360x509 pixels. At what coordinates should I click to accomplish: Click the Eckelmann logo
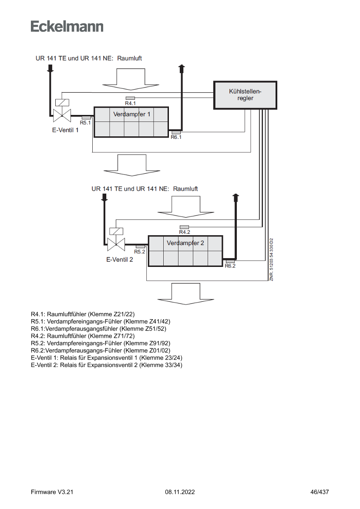[x=67, y=27]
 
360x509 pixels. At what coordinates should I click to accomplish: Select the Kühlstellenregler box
[x=245, y=95]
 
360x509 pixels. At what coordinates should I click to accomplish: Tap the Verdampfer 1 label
[x=131, y=115]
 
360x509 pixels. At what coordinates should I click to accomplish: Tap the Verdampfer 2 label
[x=185, y=243]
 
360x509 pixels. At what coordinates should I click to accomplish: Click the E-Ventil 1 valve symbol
[x=61, y=115]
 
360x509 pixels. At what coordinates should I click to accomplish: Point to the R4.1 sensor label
[x=131, y=104]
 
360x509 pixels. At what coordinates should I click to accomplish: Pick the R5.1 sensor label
[x=85, y=123]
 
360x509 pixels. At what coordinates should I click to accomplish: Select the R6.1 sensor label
[x=176, y=138]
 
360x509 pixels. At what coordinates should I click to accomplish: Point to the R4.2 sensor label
[x=185, y=233]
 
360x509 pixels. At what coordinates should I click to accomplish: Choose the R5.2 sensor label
[x=140, y=252]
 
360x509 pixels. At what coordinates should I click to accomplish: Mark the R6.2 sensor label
[x=230, y=266]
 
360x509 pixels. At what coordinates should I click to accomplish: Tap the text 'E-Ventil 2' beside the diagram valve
[x=120, y=259]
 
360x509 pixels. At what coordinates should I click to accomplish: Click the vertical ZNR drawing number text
[x=271, y=260]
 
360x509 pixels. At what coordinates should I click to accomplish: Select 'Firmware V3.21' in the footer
[x=52, y=492]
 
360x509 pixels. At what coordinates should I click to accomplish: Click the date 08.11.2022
[x=180, y=492]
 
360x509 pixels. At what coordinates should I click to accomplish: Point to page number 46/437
[x=320, y=492]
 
